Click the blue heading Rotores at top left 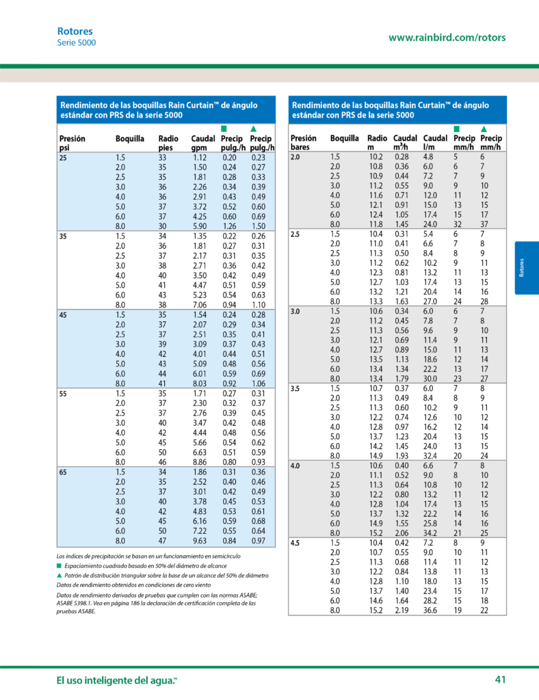75,31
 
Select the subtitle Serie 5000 77,43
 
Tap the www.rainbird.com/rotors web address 447,38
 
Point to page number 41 500,679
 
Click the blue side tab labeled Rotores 527,268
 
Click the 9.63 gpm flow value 200,541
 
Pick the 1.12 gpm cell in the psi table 200,158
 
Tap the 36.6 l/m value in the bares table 430,610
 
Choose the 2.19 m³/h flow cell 402,610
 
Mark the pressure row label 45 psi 63,315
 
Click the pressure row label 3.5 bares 295,389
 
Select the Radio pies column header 168,143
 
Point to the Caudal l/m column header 435,142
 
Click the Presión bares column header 303,142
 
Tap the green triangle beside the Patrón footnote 60,576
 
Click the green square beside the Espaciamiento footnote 59,565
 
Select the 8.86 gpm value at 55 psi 200,462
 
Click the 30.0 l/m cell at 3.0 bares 430,379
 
